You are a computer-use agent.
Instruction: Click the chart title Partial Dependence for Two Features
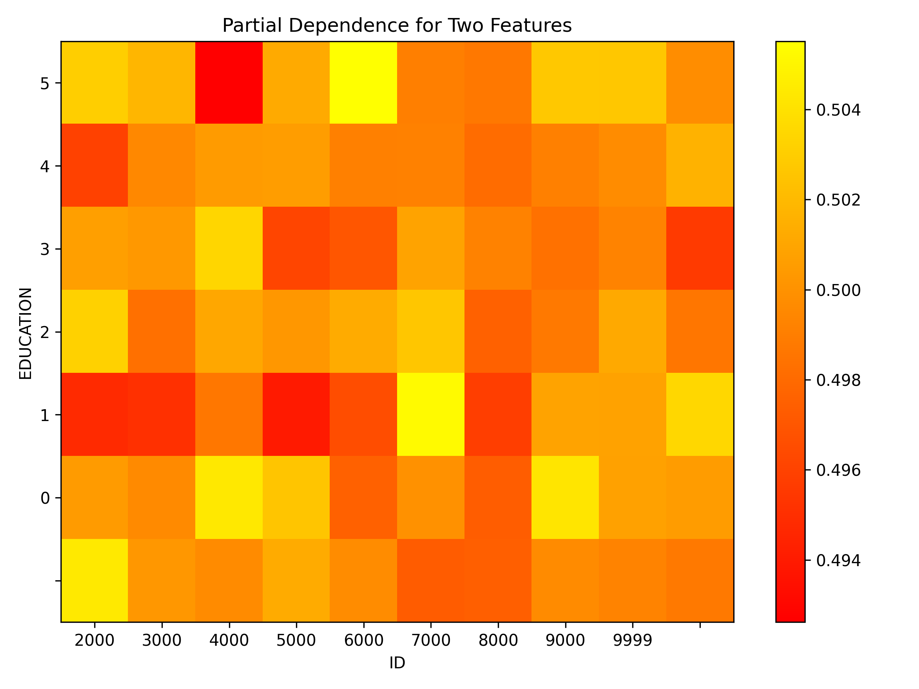click(x=397, y=26)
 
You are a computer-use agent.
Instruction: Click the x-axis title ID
click(x=397, y=663)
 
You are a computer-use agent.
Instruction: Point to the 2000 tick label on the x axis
click(x=94, y=641)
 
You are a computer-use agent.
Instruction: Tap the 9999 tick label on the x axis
click(x=632, y=641)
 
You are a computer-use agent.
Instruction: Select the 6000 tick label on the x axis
click(x=363, y=641)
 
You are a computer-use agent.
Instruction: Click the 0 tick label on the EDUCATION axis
click(x=44, y=498)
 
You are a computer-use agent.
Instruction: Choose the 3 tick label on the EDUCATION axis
click(x=44, y=250)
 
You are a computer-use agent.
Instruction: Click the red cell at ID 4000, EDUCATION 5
click(x=229, y=83)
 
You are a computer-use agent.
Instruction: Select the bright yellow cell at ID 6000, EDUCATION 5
click(x=363, y=83)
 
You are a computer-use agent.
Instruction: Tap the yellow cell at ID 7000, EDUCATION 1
click(x=431, y=415)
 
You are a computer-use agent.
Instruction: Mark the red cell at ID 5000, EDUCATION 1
click(x=296, y=415)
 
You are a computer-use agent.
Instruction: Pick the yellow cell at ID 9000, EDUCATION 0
click(x=565, y=498)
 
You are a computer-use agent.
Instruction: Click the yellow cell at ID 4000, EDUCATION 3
click(x=229, y=248)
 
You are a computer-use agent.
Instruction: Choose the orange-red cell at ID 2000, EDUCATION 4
click(x=94, y=165)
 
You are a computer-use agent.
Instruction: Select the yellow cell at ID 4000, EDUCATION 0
click(x=229, y=498)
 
